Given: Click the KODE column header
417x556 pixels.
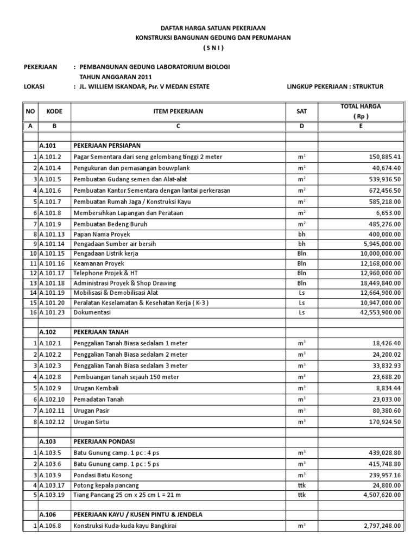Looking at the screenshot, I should click(54, 111).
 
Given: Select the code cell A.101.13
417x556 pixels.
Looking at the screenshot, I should click(53, 234).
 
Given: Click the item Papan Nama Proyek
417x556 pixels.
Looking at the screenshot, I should click(99, 234).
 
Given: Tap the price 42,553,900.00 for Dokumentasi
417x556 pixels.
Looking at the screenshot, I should click(378, 312).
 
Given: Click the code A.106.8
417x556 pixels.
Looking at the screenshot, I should click(51, 526).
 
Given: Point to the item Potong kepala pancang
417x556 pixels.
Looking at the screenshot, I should click(107, 485).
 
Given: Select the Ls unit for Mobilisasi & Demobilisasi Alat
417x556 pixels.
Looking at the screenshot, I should click(302, 293).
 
